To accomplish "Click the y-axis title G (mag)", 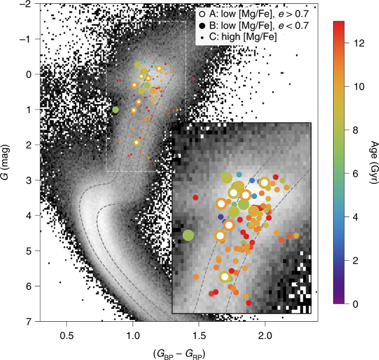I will pyautogui.click(x=9, y=162).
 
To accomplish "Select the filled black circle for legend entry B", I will pyautogui.click(x=203, y=25).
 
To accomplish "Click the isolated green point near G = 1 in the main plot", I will pyautogui.click(x=116, y=110).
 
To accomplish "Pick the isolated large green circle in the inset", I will pyautogui.click(x=188, y=235).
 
